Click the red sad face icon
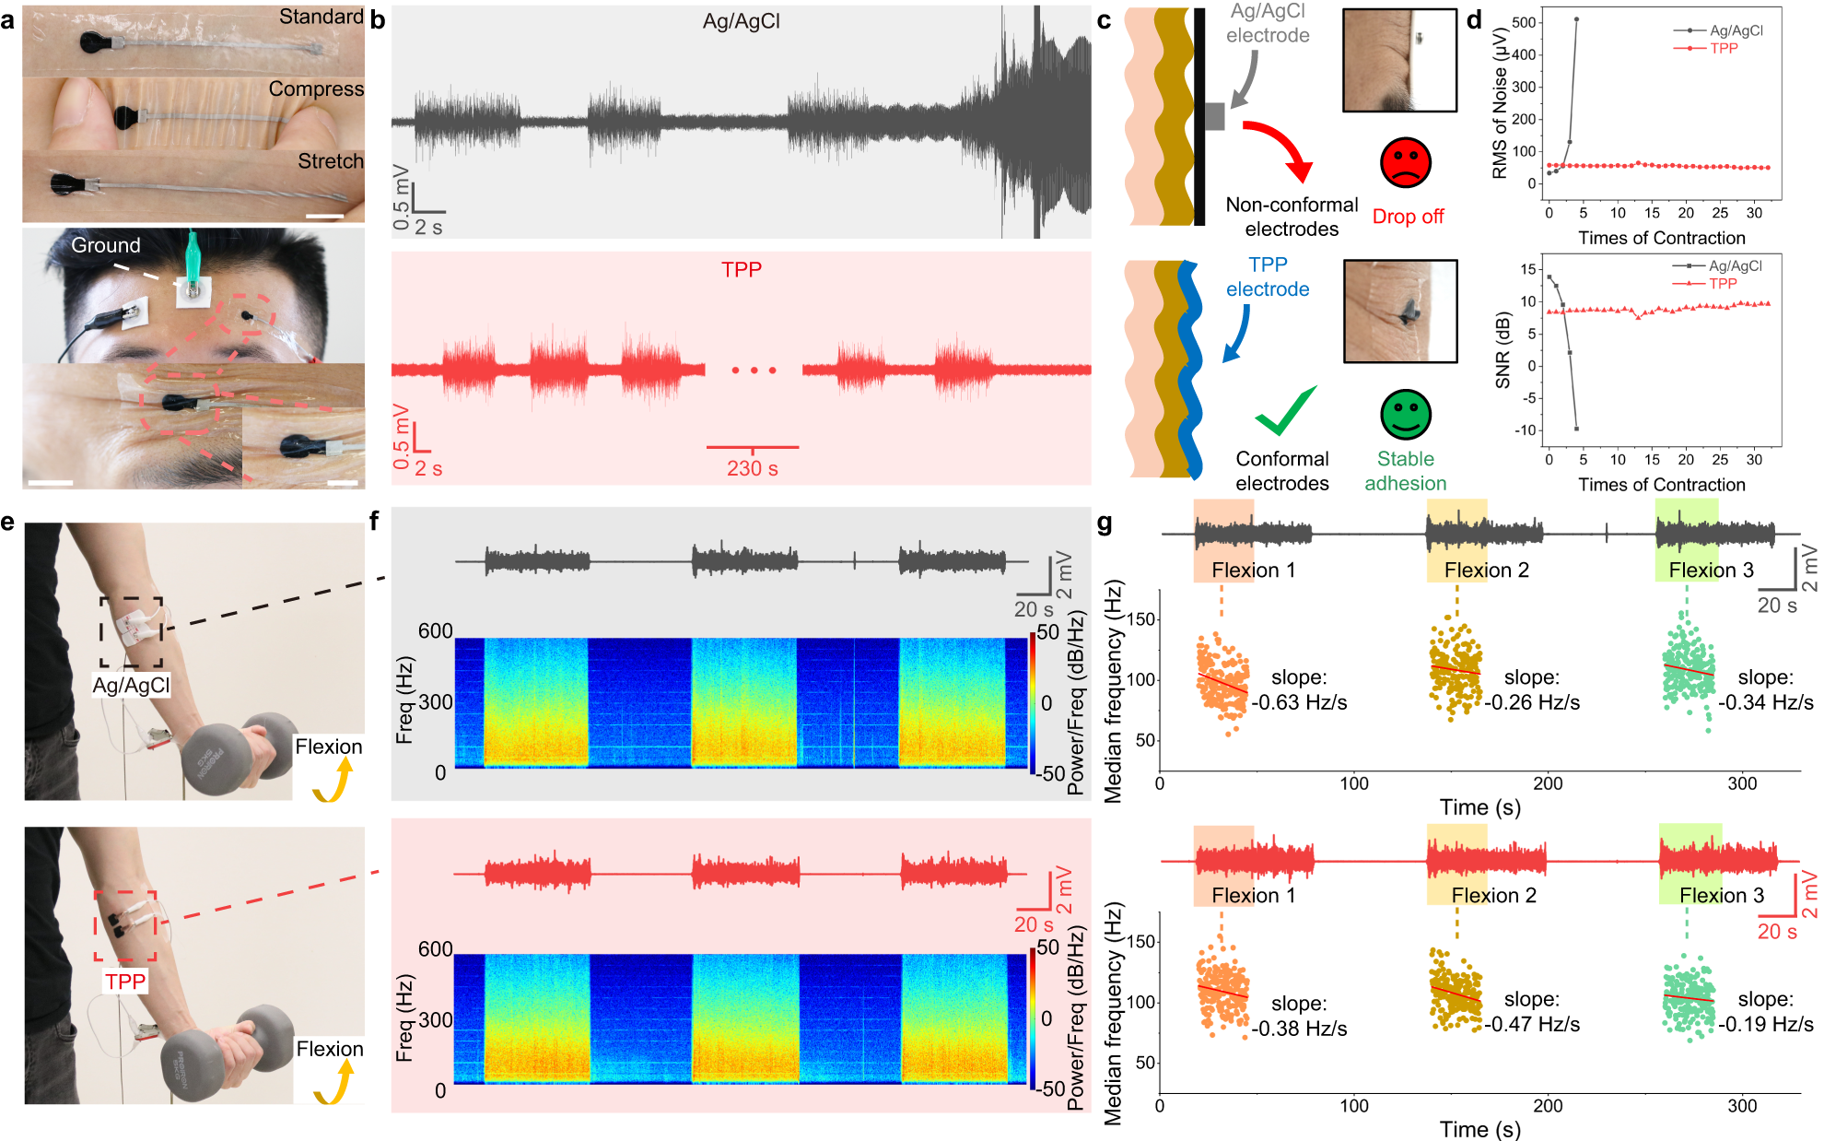[1405, 162]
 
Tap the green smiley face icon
[1405, 414]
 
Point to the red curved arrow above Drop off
[1280, 147]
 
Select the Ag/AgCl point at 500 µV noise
[1576, 19]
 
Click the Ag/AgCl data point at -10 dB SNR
[1576, 429]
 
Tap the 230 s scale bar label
[752, 468]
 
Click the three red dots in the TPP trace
[754, 371]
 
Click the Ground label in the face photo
[106, 245]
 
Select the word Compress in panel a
[315, 88]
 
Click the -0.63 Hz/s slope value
[1299, 702]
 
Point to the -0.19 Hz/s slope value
[1765, 1024]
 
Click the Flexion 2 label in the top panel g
[1486, 570]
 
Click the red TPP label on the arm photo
[125, 981]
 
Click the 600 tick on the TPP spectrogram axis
[435, 949]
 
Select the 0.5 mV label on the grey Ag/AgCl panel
[401, 197]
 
